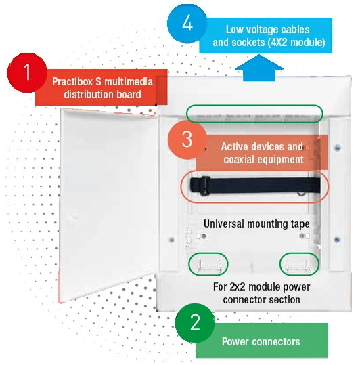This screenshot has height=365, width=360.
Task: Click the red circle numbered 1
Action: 27,72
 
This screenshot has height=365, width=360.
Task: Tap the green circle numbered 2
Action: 195,322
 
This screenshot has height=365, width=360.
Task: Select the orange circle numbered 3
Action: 187,139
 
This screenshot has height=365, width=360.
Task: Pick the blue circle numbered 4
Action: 187,23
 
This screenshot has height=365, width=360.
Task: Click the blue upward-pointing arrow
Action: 259,68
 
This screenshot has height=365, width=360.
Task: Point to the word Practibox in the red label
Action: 72,82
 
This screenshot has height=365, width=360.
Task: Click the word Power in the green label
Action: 235,341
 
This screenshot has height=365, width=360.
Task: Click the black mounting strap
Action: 255,186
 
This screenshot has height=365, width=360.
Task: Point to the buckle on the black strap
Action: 205,186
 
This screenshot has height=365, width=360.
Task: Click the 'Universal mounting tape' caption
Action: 256,224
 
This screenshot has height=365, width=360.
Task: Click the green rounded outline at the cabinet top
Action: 254,105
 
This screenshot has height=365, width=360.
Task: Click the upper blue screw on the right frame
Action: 337,148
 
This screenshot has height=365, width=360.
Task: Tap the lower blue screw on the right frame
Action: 337,240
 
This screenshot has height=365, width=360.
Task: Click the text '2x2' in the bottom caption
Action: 238,287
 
